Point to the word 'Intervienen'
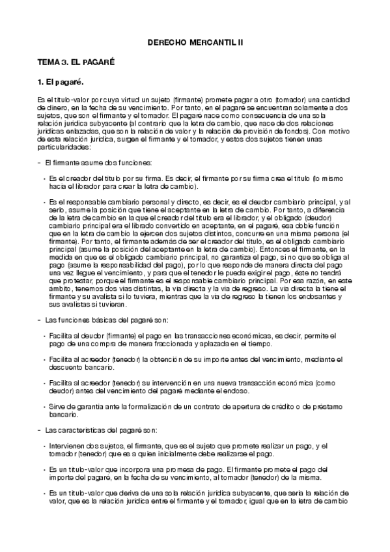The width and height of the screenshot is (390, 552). coord(66,447)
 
